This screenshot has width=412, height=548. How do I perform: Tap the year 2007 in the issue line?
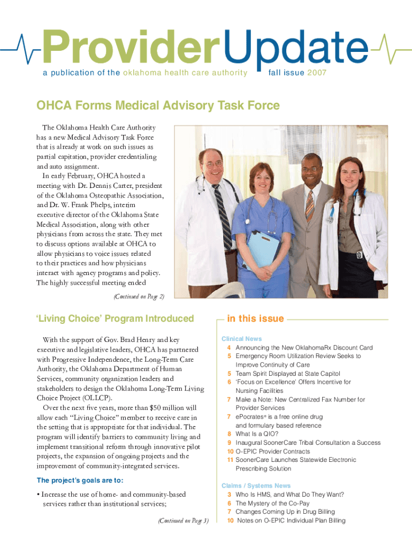tap(317, 73)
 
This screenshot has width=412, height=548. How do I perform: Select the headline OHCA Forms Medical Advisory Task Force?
tap(157, 106)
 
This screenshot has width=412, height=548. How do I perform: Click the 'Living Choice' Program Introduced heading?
tap(115, 319)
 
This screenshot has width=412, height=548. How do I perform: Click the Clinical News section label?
tap(242, 339)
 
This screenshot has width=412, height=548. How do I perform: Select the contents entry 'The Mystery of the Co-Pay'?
tap(272, 503)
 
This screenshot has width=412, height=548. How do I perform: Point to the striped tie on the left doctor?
tap(222, 209)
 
